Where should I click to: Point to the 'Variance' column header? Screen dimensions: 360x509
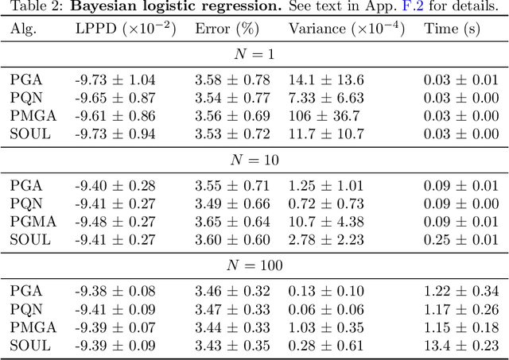(x=344, y=29)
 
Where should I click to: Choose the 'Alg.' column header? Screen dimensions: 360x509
(x=24, y=29)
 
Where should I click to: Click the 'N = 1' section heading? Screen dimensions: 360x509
(x=254, y=55)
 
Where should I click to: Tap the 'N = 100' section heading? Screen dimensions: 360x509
(x=254, y=265)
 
